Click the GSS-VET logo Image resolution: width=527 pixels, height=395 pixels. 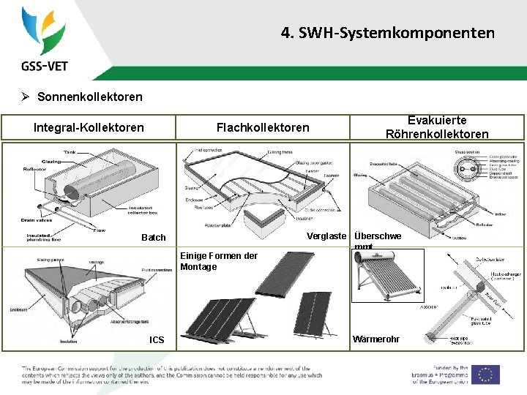tap(45, 39)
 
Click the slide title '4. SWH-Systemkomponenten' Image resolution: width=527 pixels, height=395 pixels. tap(387, 33)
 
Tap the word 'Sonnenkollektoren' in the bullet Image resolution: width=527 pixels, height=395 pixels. tap(89, 97)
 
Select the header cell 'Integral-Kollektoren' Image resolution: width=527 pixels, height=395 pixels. tap(89, 127)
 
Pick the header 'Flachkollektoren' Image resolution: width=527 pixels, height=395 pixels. tap(263, 127)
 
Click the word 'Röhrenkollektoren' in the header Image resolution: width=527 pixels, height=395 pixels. tap(437, 134)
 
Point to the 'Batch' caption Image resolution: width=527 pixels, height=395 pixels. tap(154, 237)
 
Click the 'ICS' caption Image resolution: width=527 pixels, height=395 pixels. tap(157, 339)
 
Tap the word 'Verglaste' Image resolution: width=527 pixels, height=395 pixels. tap(326, 236)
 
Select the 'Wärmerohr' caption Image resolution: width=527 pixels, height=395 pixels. tap(376, 339)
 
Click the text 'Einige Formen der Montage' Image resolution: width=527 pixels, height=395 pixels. tap(218, 261)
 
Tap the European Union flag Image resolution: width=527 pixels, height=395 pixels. tap(485, 374)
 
